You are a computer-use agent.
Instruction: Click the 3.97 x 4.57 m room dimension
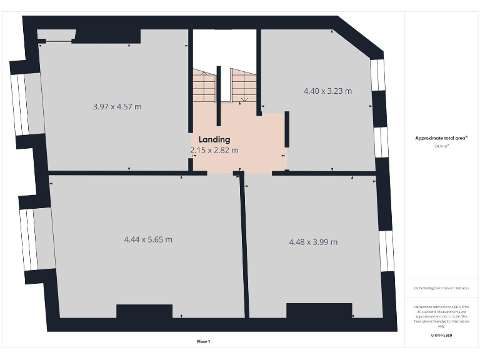(x=117, y=107)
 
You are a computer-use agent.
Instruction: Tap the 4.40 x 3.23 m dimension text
(x=327, y=91)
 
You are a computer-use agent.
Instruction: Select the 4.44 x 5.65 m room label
(x=148, y=239)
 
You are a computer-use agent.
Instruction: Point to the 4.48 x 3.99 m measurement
(x=313, y=242)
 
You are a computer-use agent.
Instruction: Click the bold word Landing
(x=214, y=139)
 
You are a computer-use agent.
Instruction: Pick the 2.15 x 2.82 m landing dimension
(x=214, y=150)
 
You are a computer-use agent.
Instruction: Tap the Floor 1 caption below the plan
(x=204, y=341)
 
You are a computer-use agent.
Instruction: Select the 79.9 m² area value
(x=441, y=146)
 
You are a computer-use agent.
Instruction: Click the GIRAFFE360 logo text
(x=441, y=336)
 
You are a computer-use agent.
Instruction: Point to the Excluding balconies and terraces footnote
(x=441, y=288)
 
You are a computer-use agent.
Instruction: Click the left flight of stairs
(x=204, y=86)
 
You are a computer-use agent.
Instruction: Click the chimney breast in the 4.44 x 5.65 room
(x=144, y=311)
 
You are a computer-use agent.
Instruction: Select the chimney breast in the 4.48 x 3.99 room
(x=314, y=310)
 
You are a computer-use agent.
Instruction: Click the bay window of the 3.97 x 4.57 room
(x=19, y=104)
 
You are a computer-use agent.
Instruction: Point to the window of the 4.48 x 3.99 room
(x=386, y=251)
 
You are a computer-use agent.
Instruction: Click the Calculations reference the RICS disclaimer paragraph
(x=441, y=316)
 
